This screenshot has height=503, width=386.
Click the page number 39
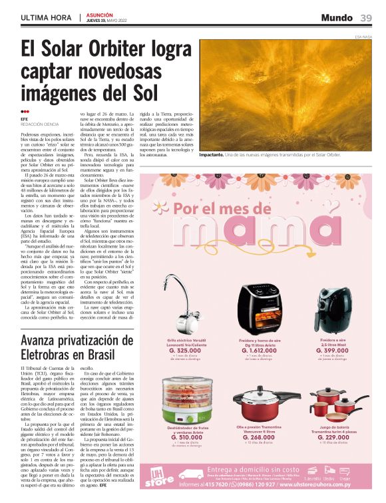click(x=366, y=18)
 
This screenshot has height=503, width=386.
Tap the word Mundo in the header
click(x=337, y=18)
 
